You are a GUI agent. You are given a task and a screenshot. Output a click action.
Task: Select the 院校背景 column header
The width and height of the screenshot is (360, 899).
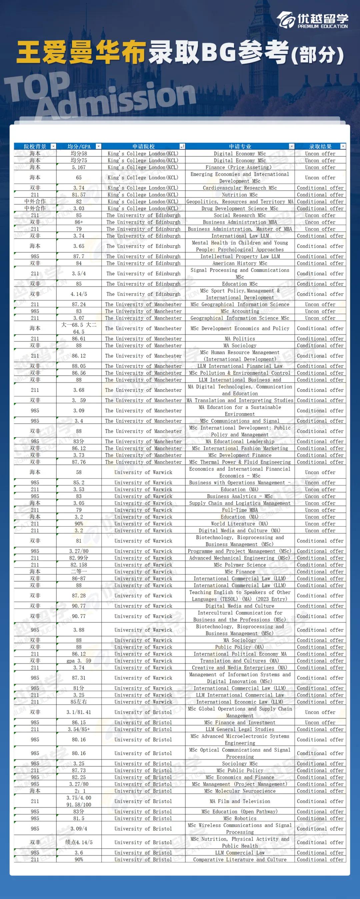click(x=35, y=146)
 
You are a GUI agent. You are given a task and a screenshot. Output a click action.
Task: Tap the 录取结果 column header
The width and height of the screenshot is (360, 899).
click(x=320, y=146)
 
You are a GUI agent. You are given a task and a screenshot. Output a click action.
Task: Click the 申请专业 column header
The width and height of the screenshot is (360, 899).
click(x=240, y=146)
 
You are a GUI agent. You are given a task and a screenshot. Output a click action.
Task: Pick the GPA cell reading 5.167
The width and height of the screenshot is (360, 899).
click(x=79, y=167)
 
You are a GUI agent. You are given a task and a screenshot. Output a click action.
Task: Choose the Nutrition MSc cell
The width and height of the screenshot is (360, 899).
click(x=240, y=195)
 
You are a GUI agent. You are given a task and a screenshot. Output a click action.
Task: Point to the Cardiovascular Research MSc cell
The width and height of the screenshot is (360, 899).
click(x=240, y=188)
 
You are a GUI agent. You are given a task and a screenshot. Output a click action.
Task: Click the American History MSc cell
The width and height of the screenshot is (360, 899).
click(x=240, y=263)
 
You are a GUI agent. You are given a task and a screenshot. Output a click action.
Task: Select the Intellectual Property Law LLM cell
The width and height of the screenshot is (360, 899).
click(x=240, y=256)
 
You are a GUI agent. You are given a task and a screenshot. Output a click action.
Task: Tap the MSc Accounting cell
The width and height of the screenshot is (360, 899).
click(x=240, y=311)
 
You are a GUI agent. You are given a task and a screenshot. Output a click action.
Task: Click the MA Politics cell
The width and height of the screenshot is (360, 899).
click(x=240, y=338)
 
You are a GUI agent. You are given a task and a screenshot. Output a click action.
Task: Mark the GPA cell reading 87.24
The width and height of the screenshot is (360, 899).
click(x=79, y=304)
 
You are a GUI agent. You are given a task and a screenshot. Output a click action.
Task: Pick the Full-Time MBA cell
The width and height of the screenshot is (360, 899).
click(x=240, y=510)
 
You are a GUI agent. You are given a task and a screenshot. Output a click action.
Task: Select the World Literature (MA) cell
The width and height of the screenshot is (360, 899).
click(x=240, y=524)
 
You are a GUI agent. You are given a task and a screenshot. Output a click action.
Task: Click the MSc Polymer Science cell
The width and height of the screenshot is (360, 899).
click(x=240, y=565)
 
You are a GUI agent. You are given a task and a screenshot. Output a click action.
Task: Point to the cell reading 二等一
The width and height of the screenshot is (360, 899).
click(x=79, y=572)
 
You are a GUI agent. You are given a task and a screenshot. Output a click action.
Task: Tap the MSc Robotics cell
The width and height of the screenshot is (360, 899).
click(x=240, y=818)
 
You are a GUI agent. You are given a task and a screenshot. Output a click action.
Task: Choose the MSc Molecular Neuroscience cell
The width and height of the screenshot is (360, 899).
click(x=240, y=791)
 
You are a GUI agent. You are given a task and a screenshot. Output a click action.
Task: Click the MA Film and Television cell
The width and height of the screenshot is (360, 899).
click(x=240, y=801)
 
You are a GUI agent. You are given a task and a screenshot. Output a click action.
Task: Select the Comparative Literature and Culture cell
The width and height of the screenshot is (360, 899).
click(x=240, y=860)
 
